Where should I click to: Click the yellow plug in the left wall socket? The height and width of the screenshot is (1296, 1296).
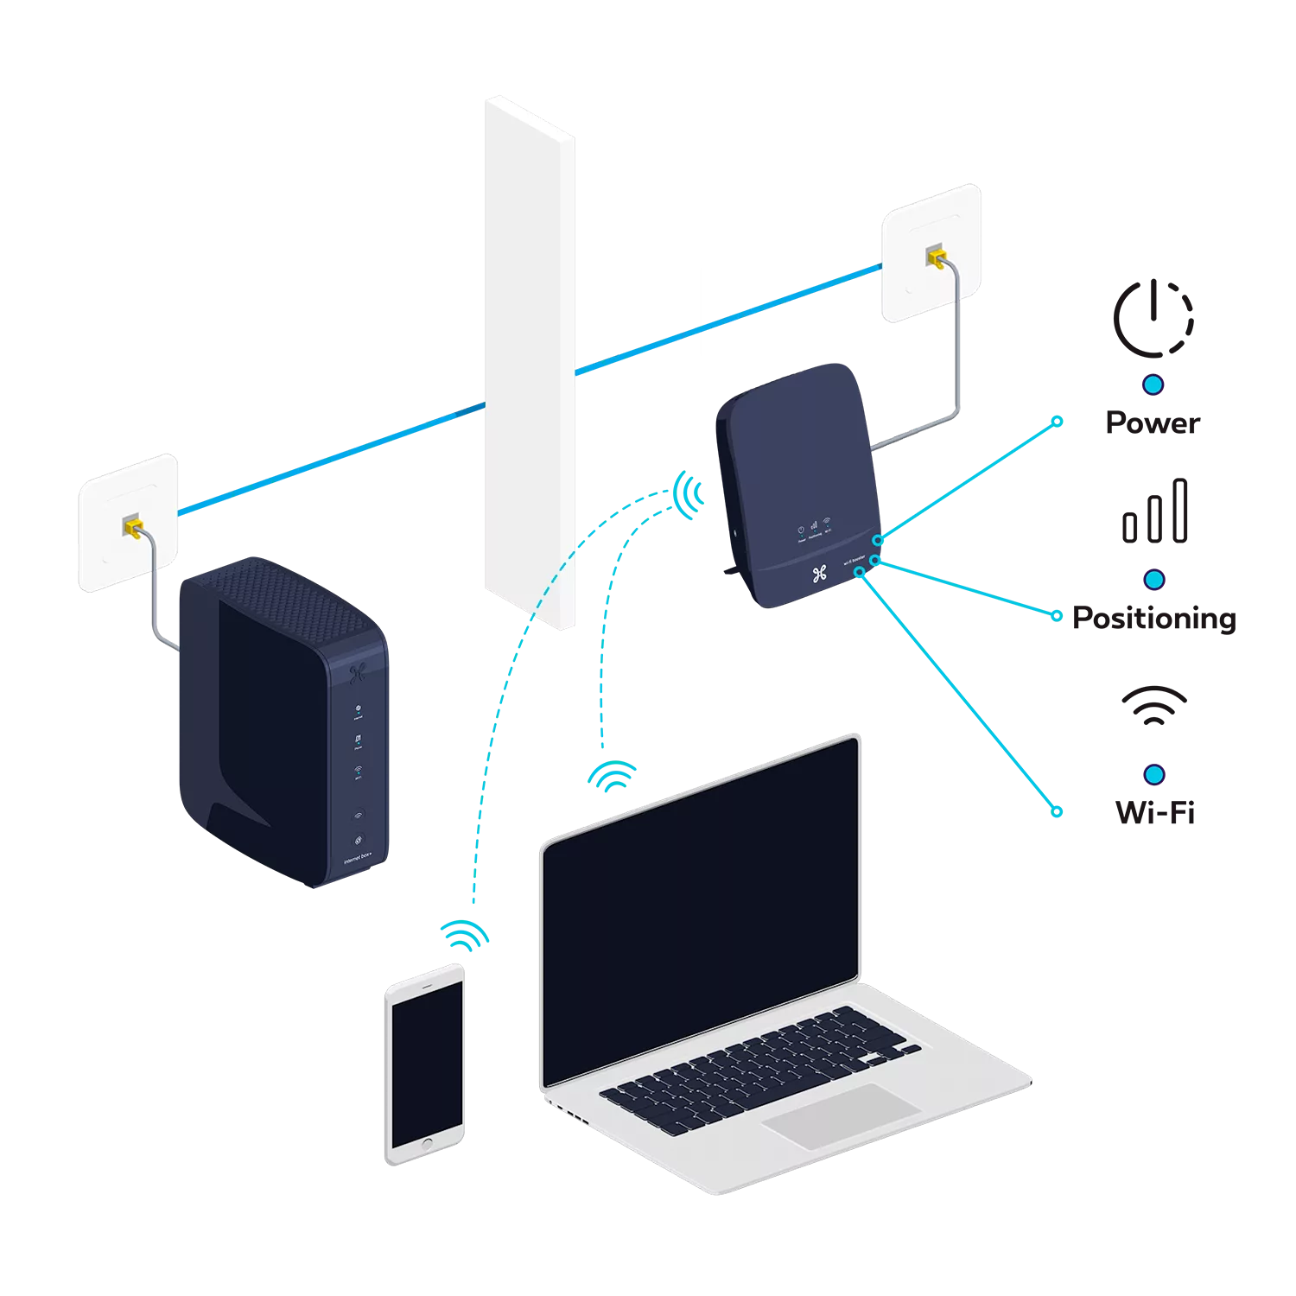click(x=131, y=526)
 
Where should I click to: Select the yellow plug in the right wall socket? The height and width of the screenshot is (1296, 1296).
click(x=935, y=257)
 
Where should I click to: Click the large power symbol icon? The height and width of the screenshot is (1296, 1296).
click(x=1154, y=316)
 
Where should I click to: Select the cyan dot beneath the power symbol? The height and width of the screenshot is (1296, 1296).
click(x=1153, y=384)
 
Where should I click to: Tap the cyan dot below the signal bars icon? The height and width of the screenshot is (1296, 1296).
click(x=1153, y=580)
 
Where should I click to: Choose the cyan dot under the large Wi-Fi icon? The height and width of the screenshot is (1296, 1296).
click(x=1153, y=774)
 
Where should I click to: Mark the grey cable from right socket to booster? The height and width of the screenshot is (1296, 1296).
click(x=956, y=363)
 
